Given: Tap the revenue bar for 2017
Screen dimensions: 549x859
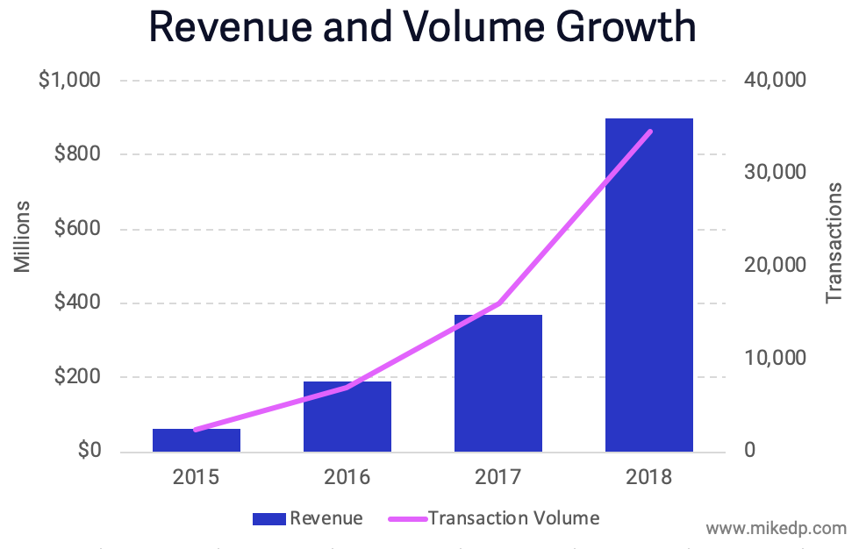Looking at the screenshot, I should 498,383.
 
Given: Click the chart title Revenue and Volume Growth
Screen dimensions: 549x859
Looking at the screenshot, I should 422,27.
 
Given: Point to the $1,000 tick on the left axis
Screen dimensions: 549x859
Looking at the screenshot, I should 69,80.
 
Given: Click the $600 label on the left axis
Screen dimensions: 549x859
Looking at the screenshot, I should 76,229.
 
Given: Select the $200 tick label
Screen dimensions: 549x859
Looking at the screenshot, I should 76,378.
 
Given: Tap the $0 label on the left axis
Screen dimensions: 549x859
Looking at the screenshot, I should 88,451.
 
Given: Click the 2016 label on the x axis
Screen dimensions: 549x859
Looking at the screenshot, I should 347,478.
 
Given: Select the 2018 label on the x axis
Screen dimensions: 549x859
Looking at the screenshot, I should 649,478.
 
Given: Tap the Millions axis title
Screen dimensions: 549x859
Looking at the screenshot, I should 23,237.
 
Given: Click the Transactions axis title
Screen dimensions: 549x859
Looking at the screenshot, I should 834,243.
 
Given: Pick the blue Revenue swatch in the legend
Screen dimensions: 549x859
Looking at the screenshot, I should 269,518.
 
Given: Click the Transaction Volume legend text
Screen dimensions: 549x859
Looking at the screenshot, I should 514,518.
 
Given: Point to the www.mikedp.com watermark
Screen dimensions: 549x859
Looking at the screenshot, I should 777,528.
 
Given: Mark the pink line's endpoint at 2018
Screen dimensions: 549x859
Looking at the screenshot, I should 650,132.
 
